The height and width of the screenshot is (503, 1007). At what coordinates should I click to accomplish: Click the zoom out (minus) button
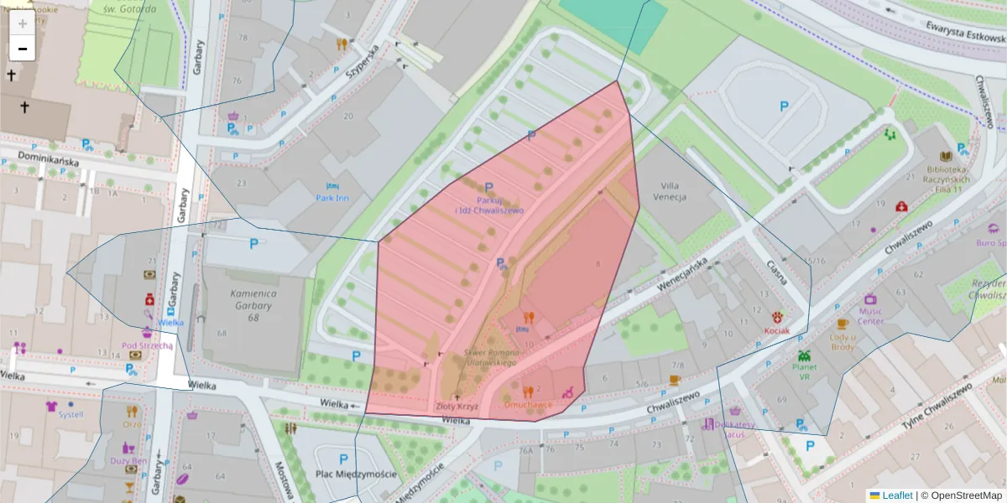tap(23, 49)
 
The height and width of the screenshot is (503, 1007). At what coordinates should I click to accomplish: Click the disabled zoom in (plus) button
tap(23, 23)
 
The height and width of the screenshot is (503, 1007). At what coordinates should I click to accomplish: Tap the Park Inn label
tap(332, 198)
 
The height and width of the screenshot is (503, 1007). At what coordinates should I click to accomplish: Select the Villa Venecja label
tap(674, 191)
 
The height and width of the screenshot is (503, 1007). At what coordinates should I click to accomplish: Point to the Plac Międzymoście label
tap(343, 474)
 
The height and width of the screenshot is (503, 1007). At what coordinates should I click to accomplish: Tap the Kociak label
tap(777, 330)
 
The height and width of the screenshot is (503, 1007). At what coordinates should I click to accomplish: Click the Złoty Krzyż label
tap(457, 407)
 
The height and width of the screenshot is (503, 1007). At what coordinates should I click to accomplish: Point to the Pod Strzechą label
tap(147, 345)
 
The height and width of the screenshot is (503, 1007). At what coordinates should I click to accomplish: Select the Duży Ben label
tap(129, 460)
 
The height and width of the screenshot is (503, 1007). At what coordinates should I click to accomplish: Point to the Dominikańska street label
tap(39, 159)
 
